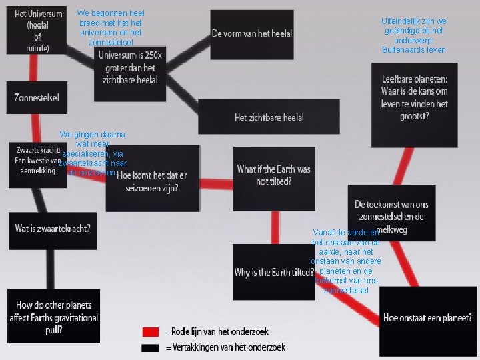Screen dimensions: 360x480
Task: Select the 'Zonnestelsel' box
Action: coord(37,97)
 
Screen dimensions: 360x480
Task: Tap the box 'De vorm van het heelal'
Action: coord(251,34)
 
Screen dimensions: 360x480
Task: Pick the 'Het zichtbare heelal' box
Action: coord(269,117)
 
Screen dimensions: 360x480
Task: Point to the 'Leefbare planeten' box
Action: coord(414,101)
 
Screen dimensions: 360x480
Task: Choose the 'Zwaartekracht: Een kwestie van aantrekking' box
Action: coord(35,161)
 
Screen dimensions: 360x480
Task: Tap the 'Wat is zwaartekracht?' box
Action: coord(53,229)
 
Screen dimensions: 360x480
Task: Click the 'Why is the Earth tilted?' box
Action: coord(273,272)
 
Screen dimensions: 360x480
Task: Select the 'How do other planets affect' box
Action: coord(54,317)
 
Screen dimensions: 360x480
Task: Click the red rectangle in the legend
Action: coord(151,332)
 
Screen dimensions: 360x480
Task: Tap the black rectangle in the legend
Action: coord(151,347)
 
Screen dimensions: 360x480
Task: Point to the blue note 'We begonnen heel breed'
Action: coord(111,27)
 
